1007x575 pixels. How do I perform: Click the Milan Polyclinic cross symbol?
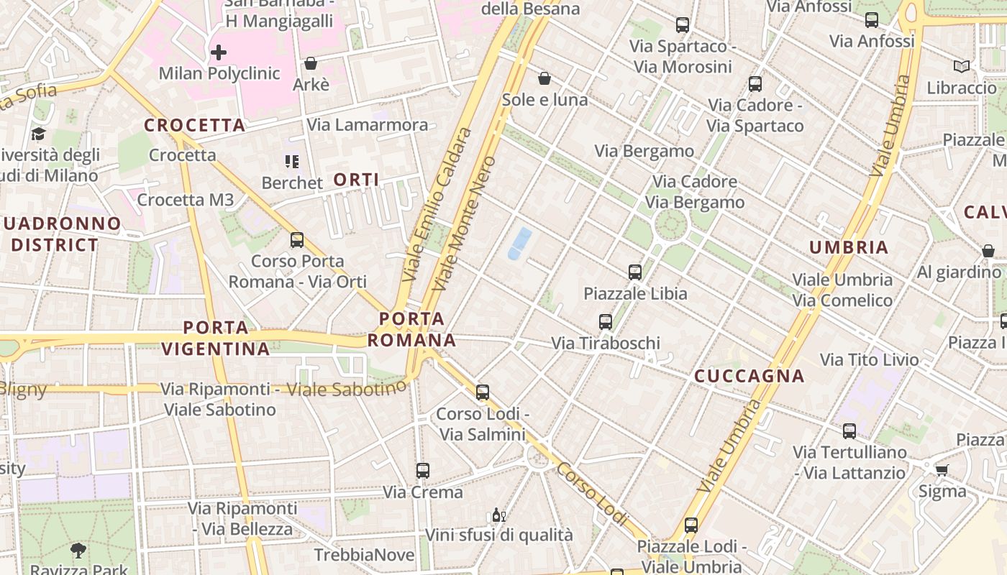pos(219,52)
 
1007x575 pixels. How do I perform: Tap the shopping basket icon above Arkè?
pos(311,64)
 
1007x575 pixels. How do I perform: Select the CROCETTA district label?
pos(194,125)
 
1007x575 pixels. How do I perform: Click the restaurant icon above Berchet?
pos(291,162)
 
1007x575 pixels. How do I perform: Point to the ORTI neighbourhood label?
pos(357,180)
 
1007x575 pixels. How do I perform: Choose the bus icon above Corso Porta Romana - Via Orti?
pos(297,240)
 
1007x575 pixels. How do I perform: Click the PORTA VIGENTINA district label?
pos(215,339)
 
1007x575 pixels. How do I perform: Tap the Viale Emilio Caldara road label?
pos(437,205)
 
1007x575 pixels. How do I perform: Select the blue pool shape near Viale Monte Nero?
pos(520,243)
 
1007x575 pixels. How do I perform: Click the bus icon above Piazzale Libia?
pos(634,272)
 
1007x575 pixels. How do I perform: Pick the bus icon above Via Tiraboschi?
pos(606,322)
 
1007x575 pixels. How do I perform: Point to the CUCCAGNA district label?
pos(749,376)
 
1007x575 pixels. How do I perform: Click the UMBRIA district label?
pos(849,247)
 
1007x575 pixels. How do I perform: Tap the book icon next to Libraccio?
pos(961,67)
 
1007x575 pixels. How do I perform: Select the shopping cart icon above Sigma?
pos(942,470)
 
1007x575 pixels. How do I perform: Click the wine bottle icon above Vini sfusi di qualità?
pos(498,515)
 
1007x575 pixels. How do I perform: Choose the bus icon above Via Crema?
pos(423,471)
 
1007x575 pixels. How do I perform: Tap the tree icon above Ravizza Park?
pos(78,551)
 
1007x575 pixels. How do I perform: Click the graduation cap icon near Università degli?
pos(38,134)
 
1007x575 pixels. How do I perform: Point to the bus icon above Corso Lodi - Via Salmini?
pos(483,392)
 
